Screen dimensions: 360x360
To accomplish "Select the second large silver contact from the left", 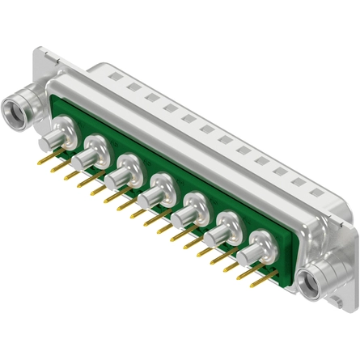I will click(x=92, y=150).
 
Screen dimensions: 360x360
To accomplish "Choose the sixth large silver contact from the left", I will click(x=225, y=232).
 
